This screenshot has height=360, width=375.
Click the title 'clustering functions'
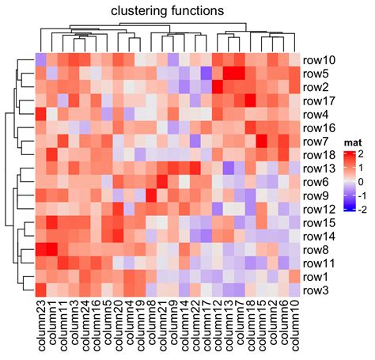click(x=167, y=11)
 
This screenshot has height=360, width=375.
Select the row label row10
click(x=320, y=60)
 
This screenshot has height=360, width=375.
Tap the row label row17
click(x=320, y=100)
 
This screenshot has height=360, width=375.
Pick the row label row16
click(x=320, y=127)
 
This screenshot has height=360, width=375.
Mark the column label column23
click(x=41, y=329)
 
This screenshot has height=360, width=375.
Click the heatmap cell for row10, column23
click(x=41, y=60)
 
